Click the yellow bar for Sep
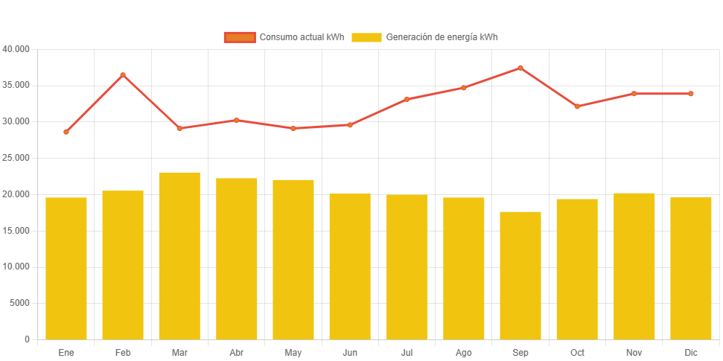(x=520, y=275)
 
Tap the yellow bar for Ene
(x=66, y=268)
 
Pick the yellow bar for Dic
(x=691, y=268)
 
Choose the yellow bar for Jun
(x=350, y=266)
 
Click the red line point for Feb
(x=123, y=75)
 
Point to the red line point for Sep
(x=520, y=68)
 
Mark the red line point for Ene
(x=66, y=132)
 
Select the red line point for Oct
(x=577, y=106)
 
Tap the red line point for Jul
(x=407, y=99)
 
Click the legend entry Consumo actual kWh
(x=284, y=37)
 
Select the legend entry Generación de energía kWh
(x=424, y=37)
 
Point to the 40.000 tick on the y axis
(x=16, y=49)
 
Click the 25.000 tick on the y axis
(x=16, y=158)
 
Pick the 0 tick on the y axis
(x=27, y=339)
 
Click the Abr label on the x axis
(x=237, y=353)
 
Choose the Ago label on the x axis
(x=463, y=353)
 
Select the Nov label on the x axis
(x=634, y=353)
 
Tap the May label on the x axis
(x=293, y=353)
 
